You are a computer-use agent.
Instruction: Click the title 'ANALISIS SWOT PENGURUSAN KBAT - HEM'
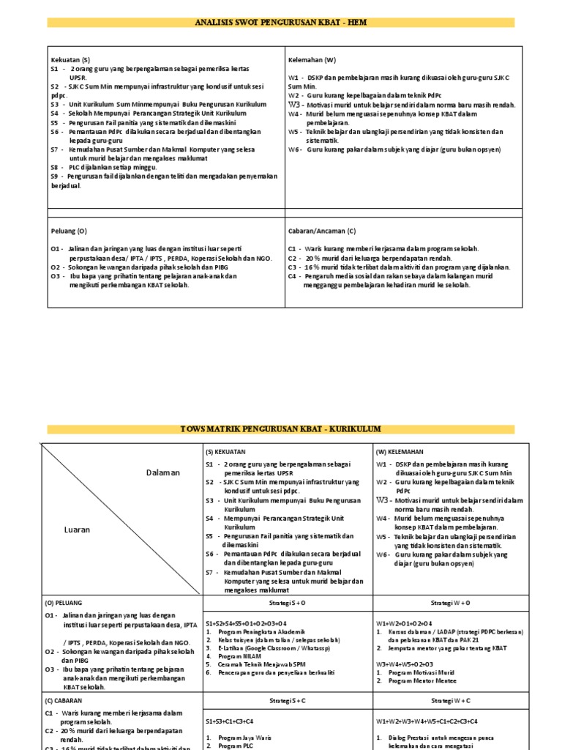coord(281,23)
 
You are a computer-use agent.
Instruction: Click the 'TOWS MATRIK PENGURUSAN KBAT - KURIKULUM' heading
coord(281,428)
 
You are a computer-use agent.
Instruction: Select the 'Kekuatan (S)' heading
coord(70,59)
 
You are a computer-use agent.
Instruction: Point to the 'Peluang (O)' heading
coord(69,231)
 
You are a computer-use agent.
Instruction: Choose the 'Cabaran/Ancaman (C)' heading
coord(322,231)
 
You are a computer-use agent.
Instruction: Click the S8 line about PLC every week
coord(105,167)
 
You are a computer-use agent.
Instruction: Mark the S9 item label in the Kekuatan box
coord(55,177)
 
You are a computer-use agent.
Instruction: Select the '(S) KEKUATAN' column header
coord(225,452)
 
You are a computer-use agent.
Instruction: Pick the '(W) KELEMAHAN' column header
coord(400,452)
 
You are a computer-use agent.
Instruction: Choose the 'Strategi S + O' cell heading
coord(287,602)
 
